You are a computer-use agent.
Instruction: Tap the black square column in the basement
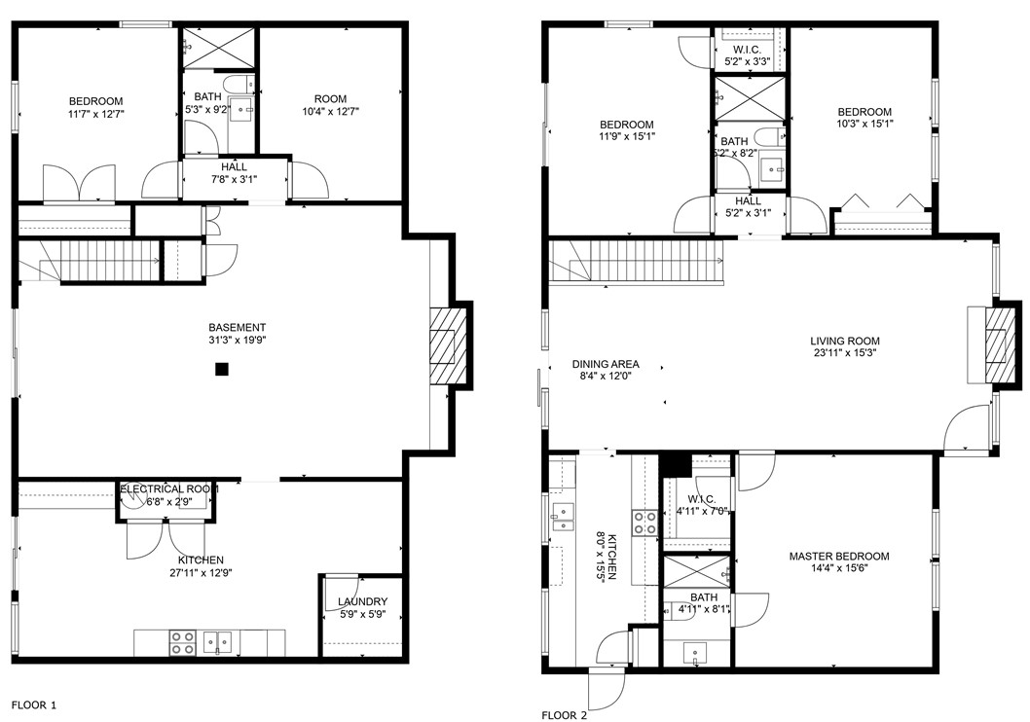222,369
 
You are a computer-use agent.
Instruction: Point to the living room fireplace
995,345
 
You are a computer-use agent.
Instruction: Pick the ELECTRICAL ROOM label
168,488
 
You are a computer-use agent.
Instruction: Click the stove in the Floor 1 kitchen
182,642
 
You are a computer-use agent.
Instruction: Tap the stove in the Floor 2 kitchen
644,523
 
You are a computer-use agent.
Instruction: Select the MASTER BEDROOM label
838,557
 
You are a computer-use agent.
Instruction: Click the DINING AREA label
606,364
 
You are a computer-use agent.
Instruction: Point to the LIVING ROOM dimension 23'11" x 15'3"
844,354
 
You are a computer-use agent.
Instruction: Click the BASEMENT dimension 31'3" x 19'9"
237,341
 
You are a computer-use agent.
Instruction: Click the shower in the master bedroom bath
696,570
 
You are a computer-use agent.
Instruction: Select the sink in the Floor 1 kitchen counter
224,642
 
